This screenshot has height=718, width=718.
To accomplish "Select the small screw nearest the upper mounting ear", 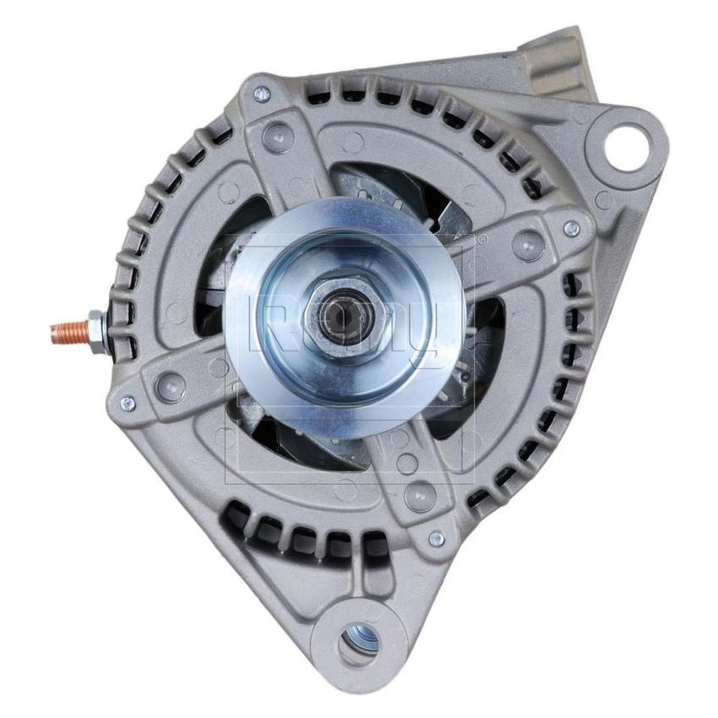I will pos(572,227).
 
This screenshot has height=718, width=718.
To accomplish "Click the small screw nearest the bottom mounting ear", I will pos(436,538).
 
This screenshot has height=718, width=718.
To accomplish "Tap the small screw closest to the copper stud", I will pos(128,403).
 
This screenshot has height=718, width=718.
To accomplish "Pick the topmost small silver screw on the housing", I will pos(262,95).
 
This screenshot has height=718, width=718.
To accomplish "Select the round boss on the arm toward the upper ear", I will pos(529,246).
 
